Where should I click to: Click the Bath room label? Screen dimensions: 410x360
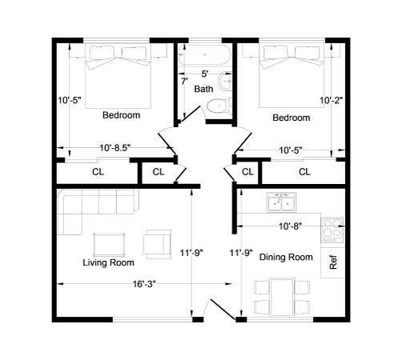[x=203, y=89]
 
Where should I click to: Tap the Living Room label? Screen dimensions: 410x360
[x=108, y=262]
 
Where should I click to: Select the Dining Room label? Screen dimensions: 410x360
[x=286, y=258]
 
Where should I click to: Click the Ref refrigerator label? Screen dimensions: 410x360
[x=333, y=262]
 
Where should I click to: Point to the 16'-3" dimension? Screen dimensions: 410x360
[x=144, y=284]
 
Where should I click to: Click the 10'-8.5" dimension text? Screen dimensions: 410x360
[x=115, y=148]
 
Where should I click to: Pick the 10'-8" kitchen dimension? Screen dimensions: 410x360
[x=290, y=226]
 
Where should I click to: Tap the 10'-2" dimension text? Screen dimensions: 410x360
[x=331, y=101]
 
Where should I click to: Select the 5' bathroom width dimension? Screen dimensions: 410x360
[x=204, y=74]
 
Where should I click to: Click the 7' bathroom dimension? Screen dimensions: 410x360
[x=184, y=82]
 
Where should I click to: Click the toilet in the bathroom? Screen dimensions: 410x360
[x=219, y=106]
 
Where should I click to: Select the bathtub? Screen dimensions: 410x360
[x=204, y=55]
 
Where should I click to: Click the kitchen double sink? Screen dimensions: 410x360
[x=281, y=202]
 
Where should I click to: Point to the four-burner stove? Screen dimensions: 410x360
[x=332, y=230]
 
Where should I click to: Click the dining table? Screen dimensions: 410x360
[x=282, y=297]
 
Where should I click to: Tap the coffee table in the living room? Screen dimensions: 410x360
[x=109, y=245]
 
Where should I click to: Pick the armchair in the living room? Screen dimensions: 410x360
[x=157, y=244]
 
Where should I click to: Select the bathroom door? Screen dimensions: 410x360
[x=191, y=114]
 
